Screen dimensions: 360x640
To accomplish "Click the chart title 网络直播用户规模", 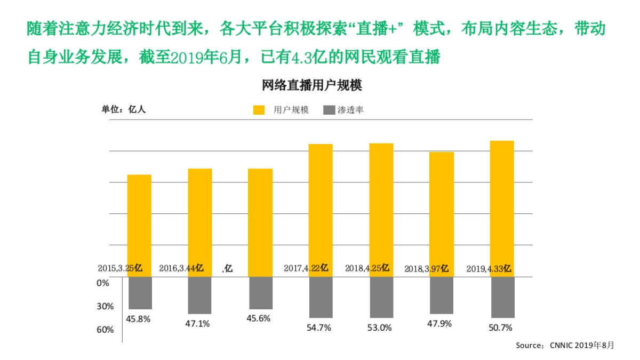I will pyautogui.click(x=312, y=86).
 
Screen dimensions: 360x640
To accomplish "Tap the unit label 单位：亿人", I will pyautogui.click(x=124, y=109).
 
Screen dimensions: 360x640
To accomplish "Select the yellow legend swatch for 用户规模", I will pyautogui.click(x=259, y=110).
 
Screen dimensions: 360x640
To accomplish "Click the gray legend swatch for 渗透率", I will pyautogui.click(x=330, y=110).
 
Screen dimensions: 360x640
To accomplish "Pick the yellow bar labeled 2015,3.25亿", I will pyautogui.click(x=139, y=219).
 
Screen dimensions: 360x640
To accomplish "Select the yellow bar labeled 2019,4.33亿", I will pyautogui.click(x=502, y=203).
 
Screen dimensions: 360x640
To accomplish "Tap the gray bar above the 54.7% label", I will pyautogui.click(x=321, y=297).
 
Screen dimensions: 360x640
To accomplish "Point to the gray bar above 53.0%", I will pyautogui.click(x=381, y=297).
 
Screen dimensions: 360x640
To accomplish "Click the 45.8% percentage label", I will pyautogui.click(x=138, y=319).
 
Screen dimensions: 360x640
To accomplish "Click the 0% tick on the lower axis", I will pyautogui.click(x=103, y=283).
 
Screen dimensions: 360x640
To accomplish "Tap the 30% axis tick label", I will pyautogui.click(x=105, y=307).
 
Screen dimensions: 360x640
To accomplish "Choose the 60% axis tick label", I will pyautogui.click(x=105, y=330).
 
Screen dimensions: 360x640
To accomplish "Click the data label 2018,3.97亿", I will pyautogui.click(x=426, y=269).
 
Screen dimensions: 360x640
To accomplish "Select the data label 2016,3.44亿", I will pyautogui.click(x=181, y=268).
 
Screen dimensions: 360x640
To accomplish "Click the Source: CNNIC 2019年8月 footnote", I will pyautogui.click(x=564, y=346).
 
